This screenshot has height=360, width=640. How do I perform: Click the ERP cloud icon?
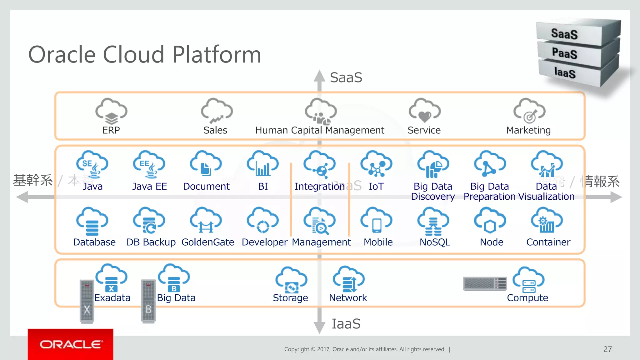coord(111,111)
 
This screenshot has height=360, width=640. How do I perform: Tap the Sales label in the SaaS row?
coord(215,130)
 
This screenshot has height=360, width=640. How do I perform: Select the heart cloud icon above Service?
coord(424,111)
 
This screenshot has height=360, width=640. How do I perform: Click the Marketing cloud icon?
coord(529,111)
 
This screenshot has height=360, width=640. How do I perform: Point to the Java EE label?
coord(149,186)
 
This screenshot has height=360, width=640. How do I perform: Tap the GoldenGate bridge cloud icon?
coord(206,221)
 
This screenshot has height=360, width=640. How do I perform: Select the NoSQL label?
coord(435,242)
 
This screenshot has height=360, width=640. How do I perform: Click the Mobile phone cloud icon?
coord(376,221)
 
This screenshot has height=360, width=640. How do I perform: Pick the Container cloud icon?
coord(547,221)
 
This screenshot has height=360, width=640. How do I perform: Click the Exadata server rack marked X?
coord(87,301)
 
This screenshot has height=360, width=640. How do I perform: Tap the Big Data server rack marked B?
coord(148,301)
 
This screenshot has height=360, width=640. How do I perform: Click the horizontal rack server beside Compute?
coord(485,283)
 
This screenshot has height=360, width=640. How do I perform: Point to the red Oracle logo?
coord(71,344)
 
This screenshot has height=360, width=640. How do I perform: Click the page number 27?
coord(607,349)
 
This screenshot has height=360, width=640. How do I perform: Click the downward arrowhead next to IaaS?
coord(319,327)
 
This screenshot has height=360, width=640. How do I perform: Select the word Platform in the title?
coord(217,55)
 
